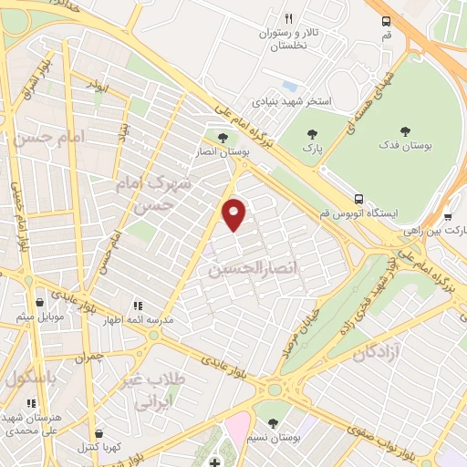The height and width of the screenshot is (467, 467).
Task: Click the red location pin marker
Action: coord(234,213)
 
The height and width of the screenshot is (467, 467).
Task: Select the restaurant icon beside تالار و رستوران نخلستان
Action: coord(289,18)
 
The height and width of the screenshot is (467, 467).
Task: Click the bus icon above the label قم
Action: coord(386,20)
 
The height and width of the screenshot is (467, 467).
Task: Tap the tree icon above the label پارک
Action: coord(312,134)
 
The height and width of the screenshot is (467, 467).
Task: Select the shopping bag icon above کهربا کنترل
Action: coord(98,433)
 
